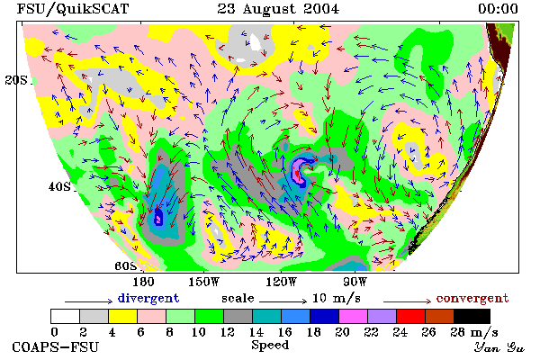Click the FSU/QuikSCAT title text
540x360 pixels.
click(73, 9)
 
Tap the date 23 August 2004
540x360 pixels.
click(278, 9)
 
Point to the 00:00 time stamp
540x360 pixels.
click(498, 9)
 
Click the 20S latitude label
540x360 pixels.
click(16, 80)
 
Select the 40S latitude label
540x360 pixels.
click(59, 186)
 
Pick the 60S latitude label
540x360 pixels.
click(125, 266)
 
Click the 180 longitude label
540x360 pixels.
click(143, 282)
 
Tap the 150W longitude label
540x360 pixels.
click(204, 282)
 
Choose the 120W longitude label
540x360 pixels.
click(281, 282)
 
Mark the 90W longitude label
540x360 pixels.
click(355, 282)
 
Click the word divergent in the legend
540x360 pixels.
click(148, 298)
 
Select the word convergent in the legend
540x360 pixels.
click(472, 298)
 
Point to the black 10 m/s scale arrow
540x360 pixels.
click(283, 301)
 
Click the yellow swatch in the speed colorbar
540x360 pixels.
click(122, 316)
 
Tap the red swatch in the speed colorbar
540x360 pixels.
click(410, 316)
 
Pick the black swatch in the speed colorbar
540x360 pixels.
click(472, 316)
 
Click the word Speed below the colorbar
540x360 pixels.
click(270, 346)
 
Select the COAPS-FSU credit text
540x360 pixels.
click(56, 346)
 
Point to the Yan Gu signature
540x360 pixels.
click(499, 347)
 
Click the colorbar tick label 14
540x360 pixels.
click(256, 332)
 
